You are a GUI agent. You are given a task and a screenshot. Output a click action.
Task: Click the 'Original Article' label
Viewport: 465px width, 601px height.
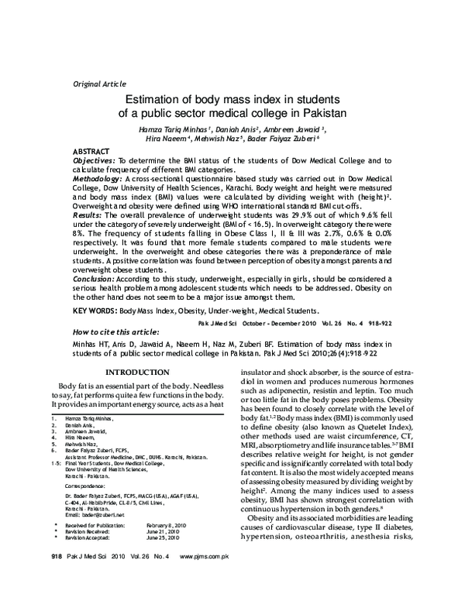(x=98, y=83)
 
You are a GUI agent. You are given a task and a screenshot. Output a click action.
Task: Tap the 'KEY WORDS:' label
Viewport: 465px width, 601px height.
(x=95, y=311)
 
